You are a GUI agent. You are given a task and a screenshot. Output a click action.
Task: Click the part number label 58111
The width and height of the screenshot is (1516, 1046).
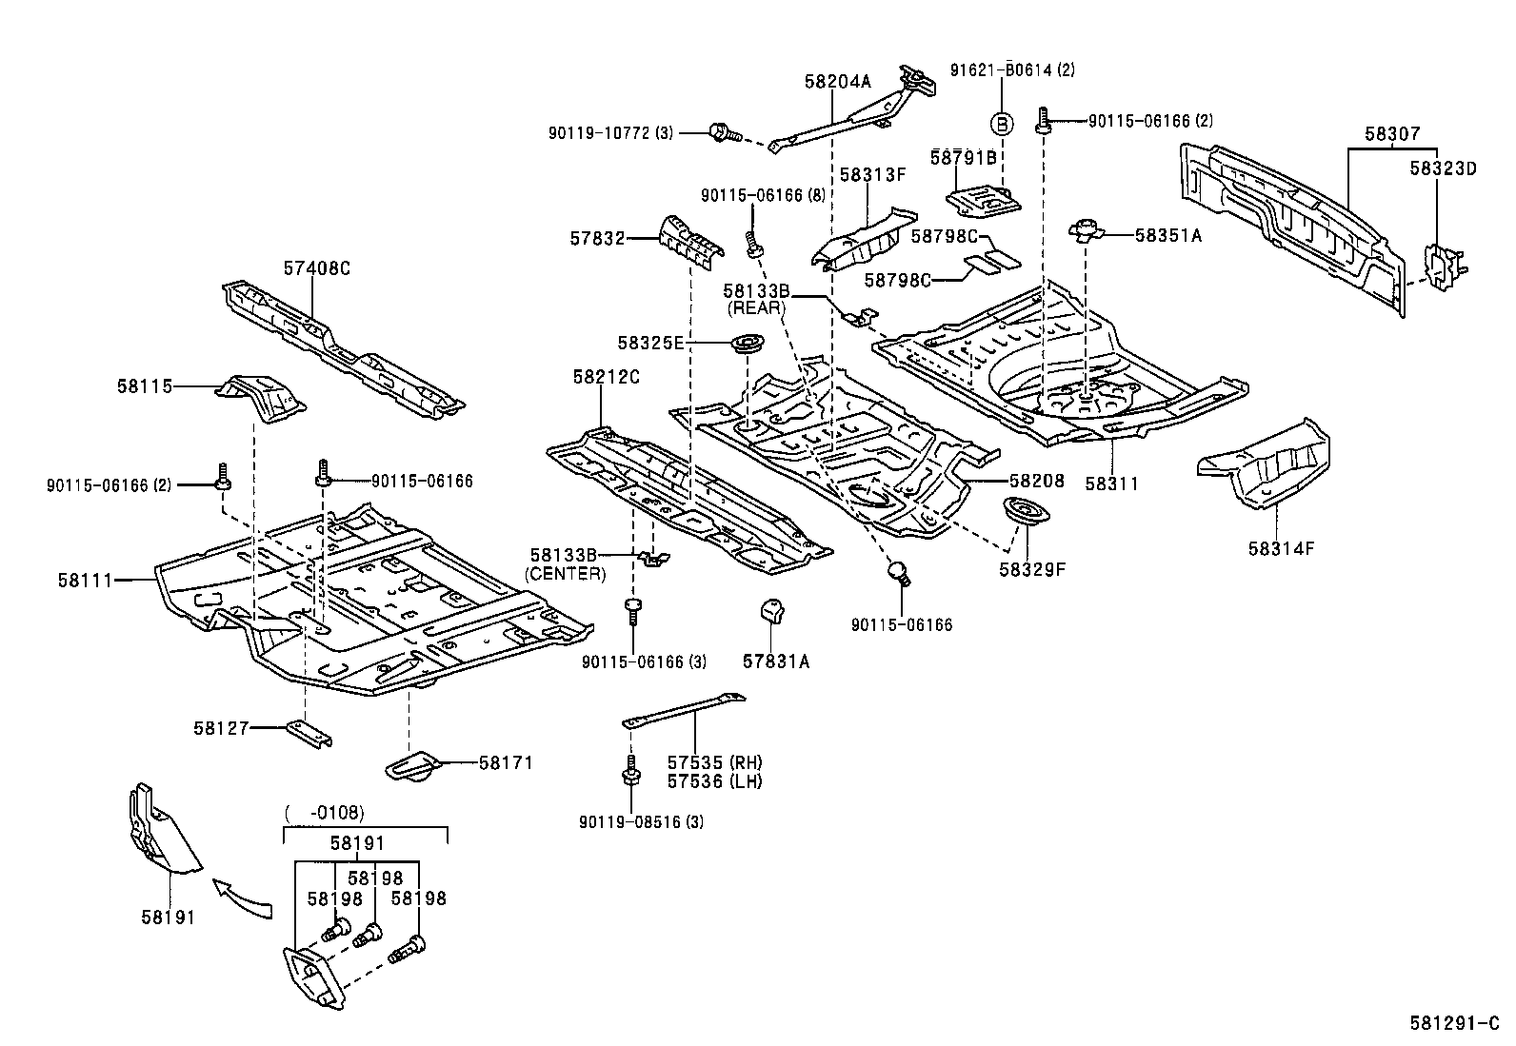point(86,580)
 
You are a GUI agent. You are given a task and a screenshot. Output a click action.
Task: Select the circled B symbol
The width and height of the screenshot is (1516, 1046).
point(1002,123)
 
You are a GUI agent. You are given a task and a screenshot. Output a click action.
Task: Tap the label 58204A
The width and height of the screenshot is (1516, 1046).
point(837,83)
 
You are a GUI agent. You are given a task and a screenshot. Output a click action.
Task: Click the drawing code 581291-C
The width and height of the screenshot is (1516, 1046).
point(1461,1024)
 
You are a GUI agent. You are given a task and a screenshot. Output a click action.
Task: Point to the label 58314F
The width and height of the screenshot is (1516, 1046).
point(1281,548)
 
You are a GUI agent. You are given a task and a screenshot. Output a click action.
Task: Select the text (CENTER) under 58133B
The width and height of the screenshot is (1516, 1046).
point(566,573)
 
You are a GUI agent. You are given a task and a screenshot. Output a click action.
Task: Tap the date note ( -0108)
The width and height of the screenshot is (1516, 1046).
point(325,813)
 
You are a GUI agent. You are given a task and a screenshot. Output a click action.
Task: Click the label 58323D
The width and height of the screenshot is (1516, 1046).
point(1442,168)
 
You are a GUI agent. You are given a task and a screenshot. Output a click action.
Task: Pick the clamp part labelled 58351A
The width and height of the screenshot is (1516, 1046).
point(1085,229)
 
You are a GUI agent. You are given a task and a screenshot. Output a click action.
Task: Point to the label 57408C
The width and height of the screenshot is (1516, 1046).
point(316,268)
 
